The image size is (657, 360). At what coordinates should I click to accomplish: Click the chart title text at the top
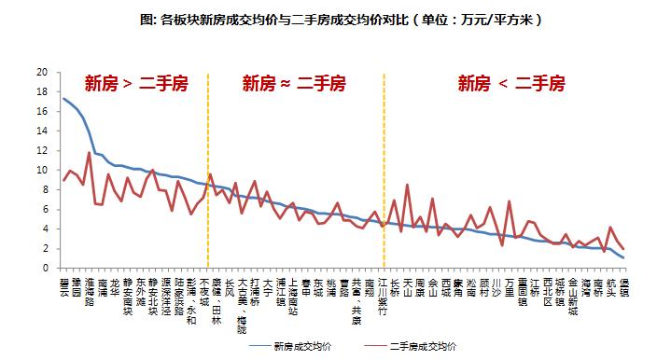328,19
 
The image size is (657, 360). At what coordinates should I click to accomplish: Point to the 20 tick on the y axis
42,72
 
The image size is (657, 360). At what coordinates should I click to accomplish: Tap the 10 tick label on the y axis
42,171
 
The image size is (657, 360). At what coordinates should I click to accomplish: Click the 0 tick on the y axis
45,269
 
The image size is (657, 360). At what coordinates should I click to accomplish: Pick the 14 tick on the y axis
42,132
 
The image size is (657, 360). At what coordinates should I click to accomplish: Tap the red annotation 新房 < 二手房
510,84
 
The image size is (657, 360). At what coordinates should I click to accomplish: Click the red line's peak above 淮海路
89,152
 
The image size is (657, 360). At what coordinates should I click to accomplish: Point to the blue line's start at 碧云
63,98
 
